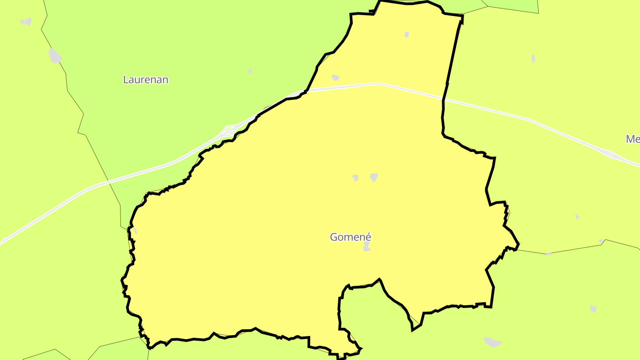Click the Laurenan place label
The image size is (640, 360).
coord(146,80)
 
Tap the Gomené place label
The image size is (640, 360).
coord(350,237)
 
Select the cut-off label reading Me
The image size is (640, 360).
coord(633,139)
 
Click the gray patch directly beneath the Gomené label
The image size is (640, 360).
coord(367,246)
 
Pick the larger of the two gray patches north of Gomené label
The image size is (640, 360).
coord(374,177)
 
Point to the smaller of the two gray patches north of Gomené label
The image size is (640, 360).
coord(355,178)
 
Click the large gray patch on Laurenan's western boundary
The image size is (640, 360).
coord(55,56)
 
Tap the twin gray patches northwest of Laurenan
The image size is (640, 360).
coord(26,21)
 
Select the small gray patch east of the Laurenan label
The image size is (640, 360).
coord(250,71)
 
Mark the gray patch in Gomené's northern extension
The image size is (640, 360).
coord(407,34)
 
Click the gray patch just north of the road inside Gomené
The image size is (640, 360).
coord(336,78)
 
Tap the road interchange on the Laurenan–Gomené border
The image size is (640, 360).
coord(228,130)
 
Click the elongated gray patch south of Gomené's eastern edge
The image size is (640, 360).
coord(492,342)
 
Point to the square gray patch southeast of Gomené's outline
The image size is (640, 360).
coord(593,309)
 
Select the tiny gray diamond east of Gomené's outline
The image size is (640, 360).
coord(577,216)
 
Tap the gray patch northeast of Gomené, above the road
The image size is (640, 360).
coord(533,58)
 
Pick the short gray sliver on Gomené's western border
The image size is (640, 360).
coord(135,230)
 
